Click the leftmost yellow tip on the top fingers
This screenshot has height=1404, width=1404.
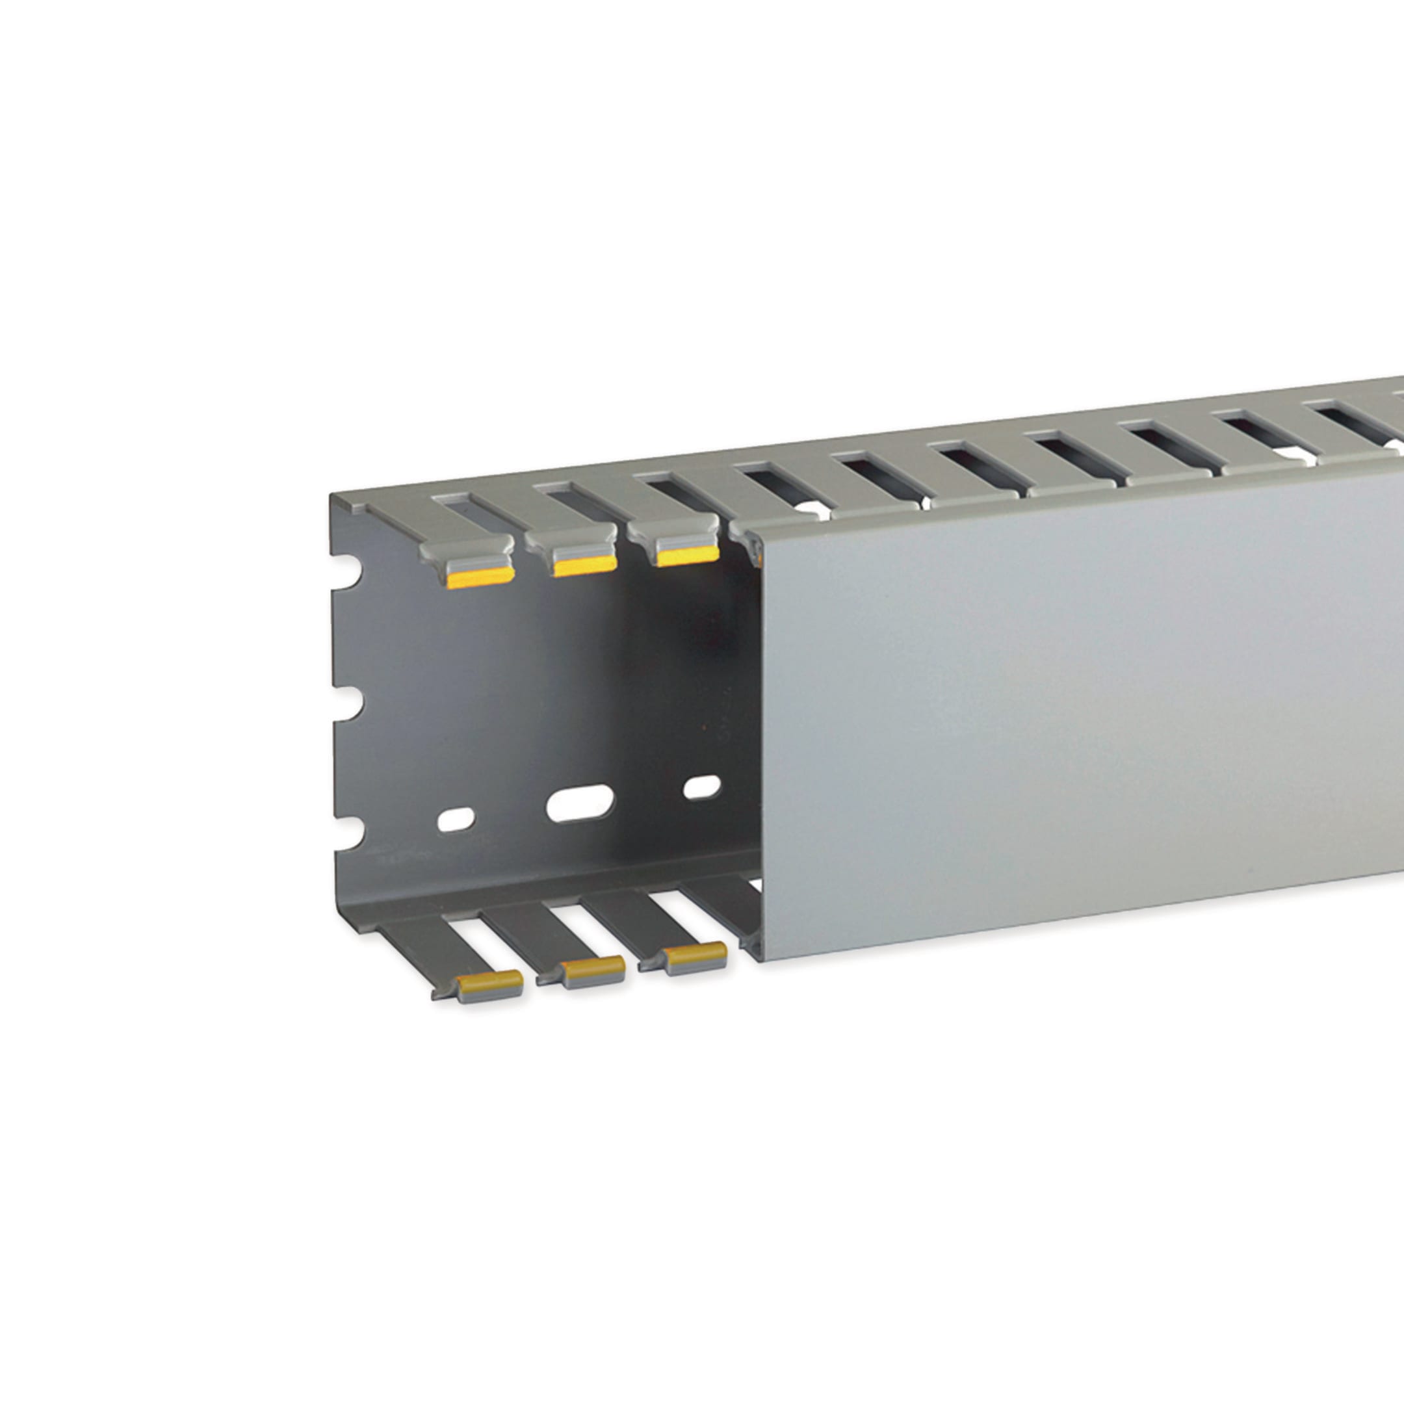click(x=481, y=578)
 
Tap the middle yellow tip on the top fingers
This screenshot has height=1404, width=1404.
click(x=584, y=566)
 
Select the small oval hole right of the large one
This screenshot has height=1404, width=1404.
click(x=702, y=787)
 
